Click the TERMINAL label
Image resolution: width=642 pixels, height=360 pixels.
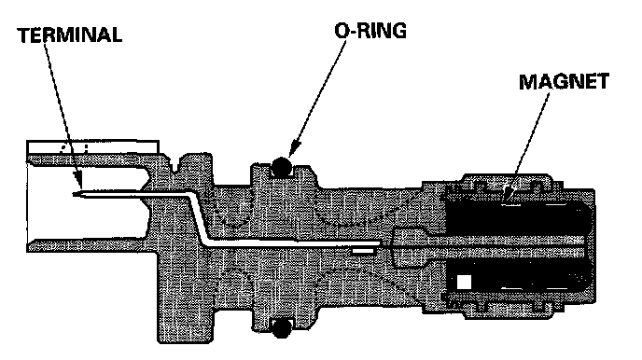pos(70,35)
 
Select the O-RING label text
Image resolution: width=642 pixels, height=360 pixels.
pos(370,31)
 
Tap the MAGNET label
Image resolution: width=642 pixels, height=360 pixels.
pos(564,81)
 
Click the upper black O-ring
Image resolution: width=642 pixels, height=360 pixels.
pos(281,166)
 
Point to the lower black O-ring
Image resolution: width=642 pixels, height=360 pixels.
pos(281,328)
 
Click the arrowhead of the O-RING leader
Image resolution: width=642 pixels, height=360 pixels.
pos(295,148)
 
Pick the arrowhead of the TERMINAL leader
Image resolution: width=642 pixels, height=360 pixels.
pos(77,179)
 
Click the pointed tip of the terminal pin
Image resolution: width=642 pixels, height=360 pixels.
pos(74,194)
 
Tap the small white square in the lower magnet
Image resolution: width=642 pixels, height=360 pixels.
pos(464,282)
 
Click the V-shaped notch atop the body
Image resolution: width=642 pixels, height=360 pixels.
pos(177,164)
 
